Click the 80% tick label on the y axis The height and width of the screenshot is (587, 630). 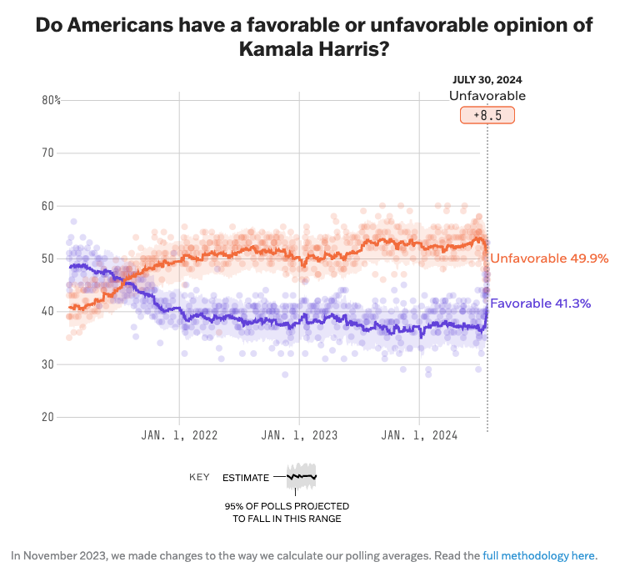tap(51, 100)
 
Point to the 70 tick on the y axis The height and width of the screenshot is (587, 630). tap(47, 153)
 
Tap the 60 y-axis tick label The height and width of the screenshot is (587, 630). tap(47, 206)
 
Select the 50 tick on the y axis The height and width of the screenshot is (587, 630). tap(47, 258)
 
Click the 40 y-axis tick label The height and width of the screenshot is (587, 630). tap(47, 311)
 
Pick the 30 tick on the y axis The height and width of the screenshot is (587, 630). tap(47, 364)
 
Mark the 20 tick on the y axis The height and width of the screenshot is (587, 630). tap(47, 417)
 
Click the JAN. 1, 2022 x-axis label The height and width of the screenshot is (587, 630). tap(179, 435)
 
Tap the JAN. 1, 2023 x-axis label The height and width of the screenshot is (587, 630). tap(299, 435)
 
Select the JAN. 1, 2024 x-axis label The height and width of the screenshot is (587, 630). tap(419, 435)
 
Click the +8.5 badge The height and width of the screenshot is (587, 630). tap(487, 115)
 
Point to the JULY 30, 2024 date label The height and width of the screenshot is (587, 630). tap(487, 80)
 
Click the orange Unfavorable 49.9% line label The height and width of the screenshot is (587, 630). tap(549, 258)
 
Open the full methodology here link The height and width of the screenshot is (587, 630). tap(538, 555)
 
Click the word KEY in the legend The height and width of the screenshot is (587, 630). tap(199, 478)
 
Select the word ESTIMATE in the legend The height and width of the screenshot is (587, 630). tap(246, 478)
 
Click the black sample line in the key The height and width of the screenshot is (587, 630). tap(302, 477)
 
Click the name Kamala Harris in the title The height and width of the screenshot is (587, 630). tap(315, 49)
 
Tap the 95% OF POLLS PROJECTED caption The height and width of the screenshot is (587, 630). tap(287, 506)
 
